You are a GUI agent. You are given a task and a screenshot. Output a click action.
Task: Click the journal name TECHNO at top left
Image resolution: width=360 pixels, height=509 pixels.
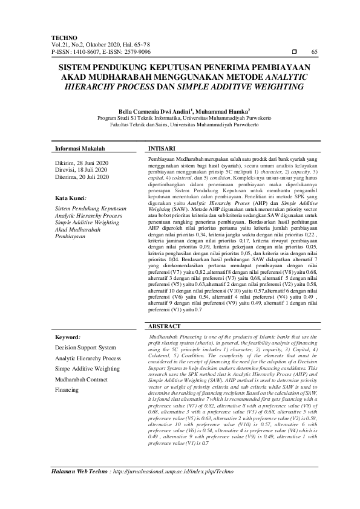(65, 37)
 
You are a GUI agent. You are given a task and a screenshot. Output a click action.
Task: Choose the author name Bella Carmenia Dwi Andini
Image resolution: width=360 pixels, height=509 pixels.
(155, 111)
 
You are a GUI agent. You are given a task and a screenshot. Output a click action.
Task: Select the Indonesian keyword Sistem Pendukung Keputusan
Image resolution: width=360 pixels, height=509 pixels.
(91, 209)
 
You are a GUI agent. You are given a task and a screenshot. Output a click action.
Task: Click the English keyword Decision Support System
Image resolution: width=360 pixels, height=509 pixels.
(85, 348)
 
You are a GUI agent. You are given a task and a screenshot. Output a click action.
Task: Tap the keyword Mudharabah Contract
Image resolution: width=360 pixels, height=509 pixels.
(81, 380)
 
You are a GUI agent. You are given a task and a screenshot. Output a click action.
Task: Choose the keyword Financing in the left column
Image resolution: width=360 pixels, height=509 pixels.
(67, 390)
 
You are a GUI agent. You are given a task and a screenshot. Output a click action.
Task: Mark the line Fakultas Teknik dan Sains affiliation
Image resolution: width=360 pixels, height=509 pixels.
(180, 125)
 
